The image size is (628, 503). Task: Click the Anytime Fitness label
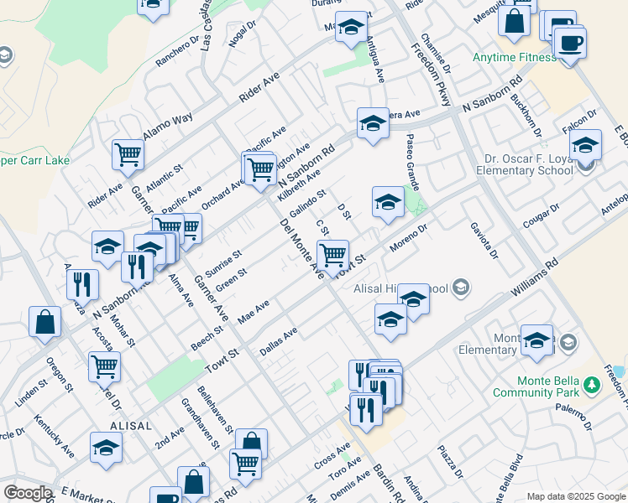pyautogui.click(x=514, y=58)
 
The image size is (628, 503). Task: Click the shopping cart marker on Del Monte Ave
pyautogui.click(x=332, y=252)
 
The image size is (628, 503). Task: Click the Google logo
pyautogui.click(x=28, y=493)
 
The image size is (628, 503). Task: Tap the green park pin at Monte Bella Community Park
pyautogui.click(x=593, y=386)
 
